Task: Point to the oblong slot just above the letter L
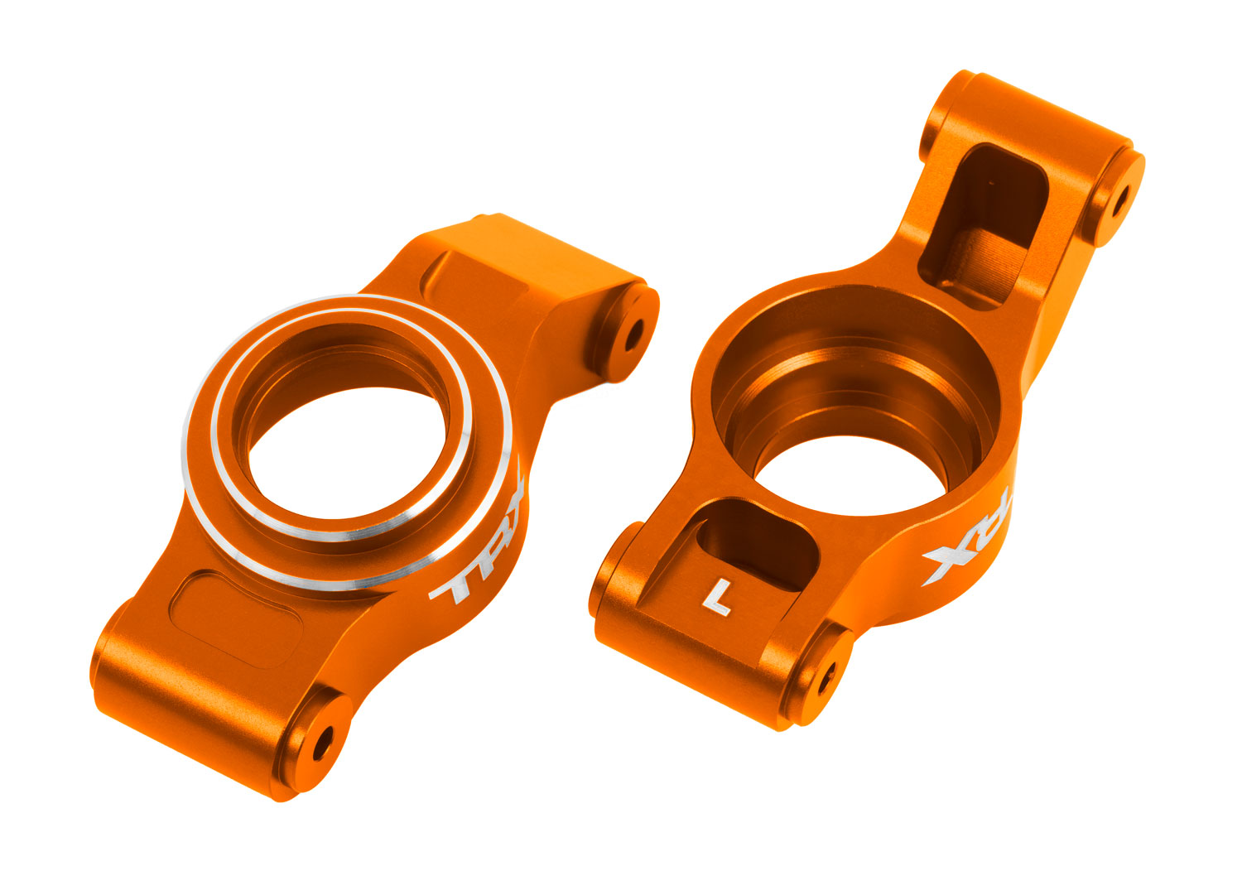(x=749, y=547)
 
